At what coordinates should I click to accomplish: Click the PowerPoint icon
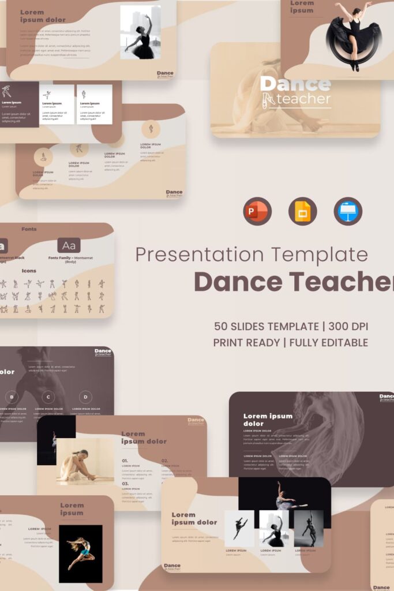[257, 211]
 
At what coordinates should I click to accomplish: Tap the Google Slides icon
[302, 211]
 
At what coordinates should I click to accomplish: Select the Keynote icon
[348, 211]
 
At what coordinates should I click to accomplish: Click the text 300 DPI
[348, 326]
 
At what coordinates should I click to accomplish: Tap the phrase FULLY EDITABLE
[329, 342]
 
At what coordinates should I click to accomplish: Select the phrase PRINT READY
[245, 342]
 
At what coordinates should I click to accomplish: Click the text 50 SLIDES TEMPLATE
[266, 326]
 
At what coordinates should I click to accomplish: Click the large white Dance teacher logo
[295, 92]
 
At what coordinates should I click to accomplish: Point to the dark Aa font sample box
[69, 246]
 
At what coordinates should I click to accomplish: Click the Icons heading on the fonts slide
[29, 270]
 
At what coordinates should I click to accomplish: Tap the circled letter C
[49, 397]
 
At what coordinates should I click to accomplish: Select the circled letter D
[86, 397]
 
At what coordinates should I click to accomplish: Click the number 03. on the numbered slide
[125, 484]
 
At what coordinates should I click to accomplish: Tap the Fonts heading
[29, 229]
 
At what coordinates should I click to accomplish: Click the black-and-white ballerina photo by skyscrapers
[140, 32]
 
